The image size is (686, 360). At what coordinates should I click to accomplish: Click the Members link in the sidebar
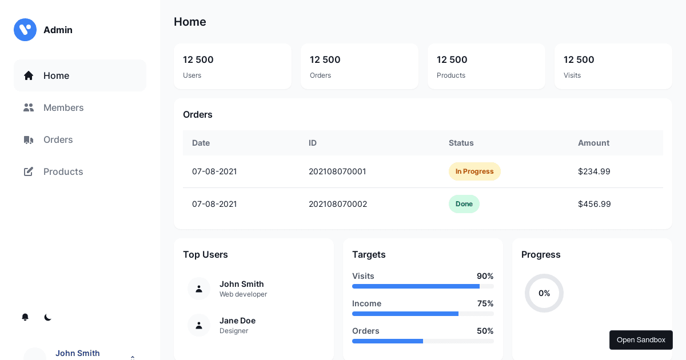click(x=63, y=107)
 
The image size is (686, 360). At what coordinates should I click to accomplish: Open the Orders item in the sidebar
click(x=58, y=139)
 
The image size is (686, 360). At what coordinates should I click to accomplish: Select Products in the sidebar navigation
click(x=63, y=171)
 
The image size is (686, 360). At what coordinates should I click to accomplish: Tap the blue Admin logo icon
click(x=25, y=30)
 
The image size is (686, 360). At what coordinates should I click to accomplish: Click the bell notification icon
click(x=25, y=317)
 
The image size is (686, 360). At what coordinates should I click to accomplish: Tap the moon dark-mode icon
click(x=48, y=317)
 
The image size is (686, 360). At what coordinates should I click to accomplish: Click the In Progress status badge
click(x=474, y=171)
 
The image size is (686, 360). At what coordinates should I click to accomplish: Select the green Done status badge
click(x=464, y=204)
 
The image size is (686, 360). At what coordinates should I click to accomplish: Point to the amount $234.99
click(x=594, y=171)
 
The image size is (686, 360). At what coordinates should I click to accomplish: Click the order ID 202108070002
click(x=338, y=204)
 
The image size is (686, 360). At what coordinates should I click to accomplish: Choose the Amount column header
click(x=593, y=143)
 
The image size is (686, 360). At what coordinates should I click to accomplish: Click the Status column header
click(x=461, y=143)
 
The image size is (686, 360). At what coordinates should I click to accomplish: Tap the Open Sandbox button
click(x=641, y=340)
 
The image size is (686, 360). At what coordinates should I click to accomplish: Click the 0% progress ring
click(x=544, y=293)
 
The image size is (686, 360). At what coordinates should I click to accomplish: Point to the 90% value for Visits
click(x=485, y=276)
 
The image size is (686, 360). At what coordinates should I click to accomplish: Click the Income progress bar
click(x=423, y=314)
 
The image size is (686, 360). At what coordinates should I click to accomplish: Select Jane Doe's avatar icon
click(x=199, y=325)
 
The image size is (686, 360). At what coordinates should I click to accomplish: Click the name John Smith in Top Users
click(x=242, y=284)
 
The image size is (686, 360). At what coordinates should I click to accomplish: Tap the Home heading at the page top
click(x=190, y=22)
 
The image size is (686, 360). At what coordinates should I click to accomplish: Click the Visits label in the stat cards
click(x=572, y=75)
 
